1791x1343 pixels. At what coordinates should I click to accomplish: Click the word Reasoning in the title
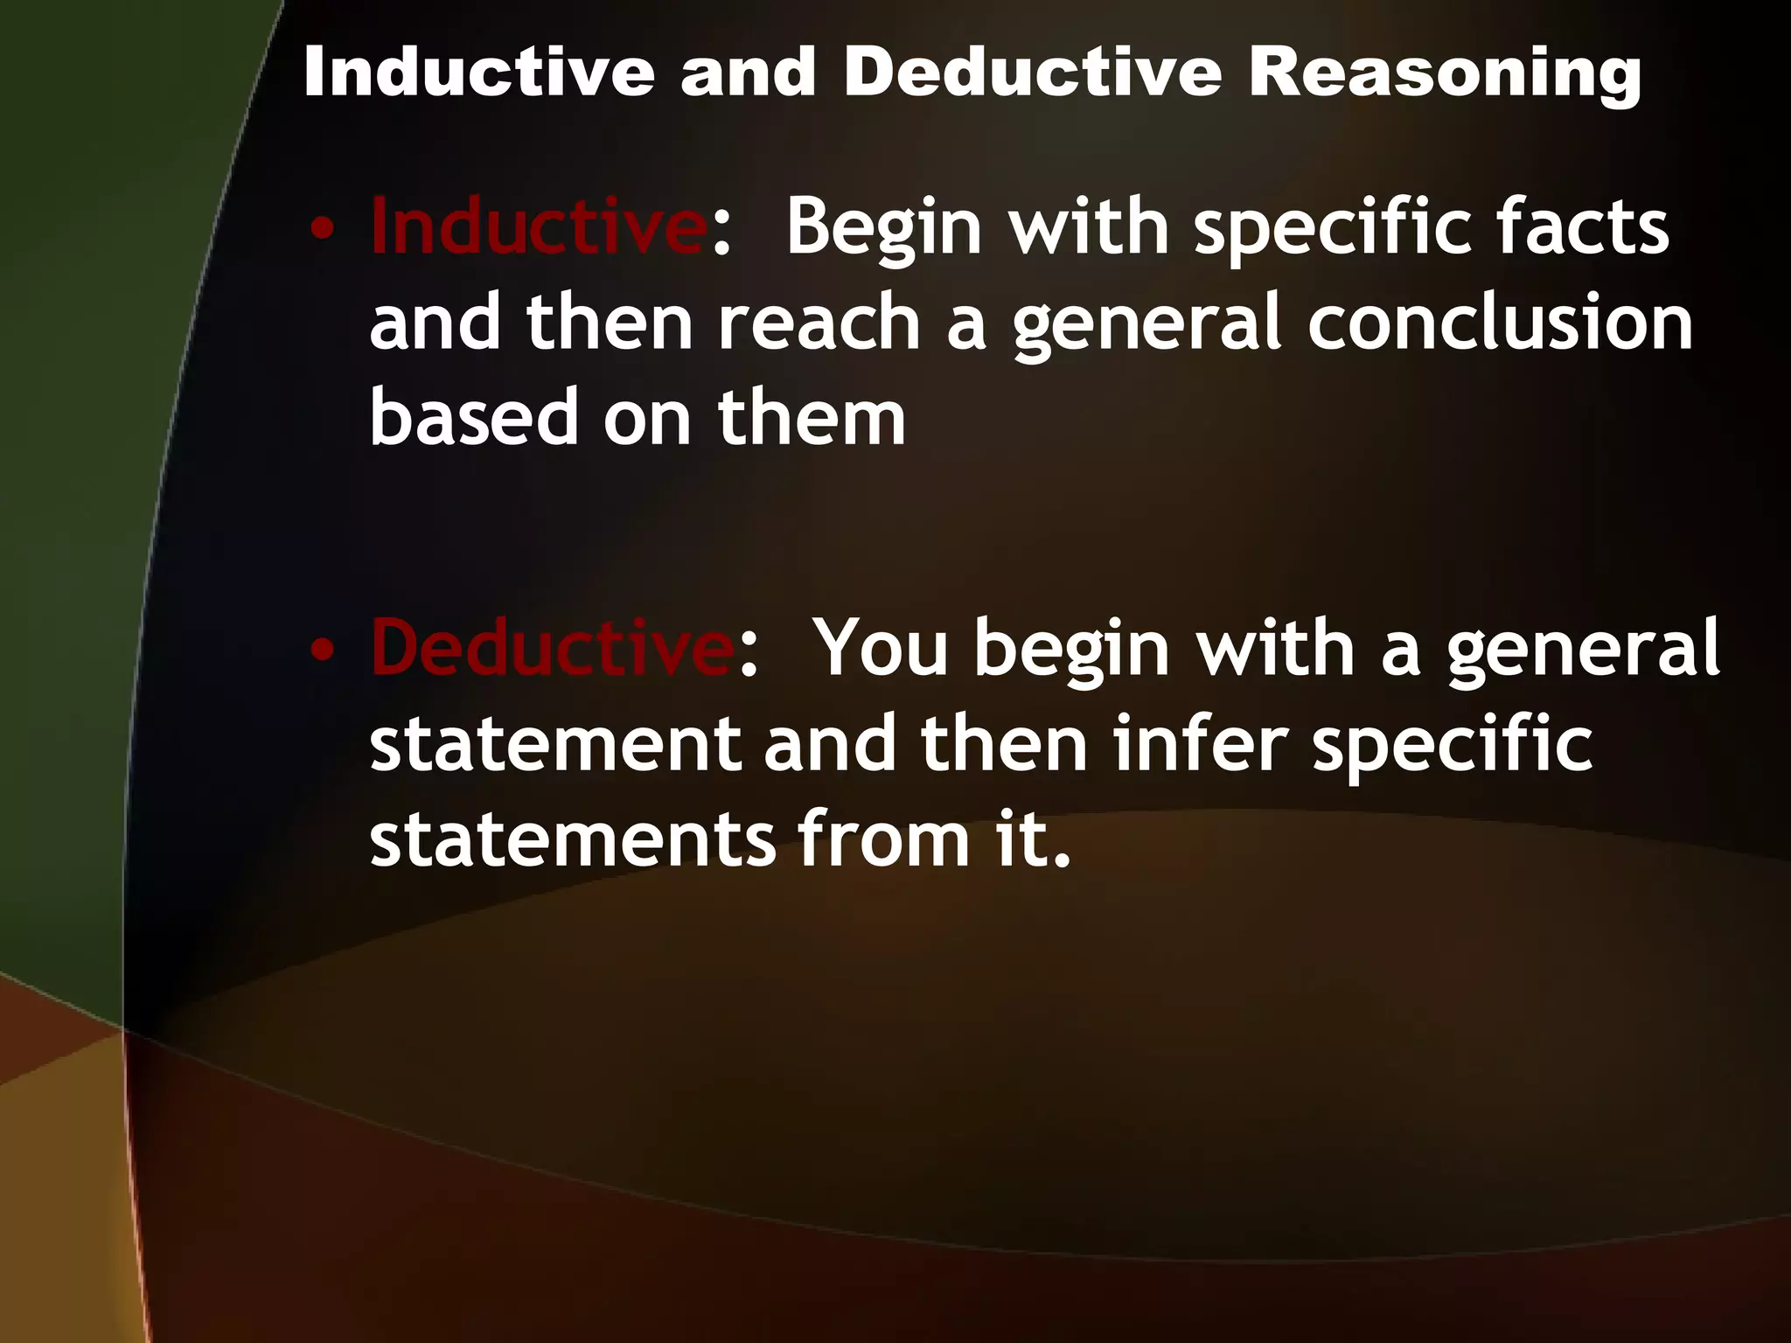1444,73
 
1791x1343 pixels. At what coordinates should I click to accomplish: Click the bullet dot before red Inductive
323,230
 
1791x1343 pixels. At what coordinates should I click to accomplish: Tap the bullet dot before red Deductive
323,651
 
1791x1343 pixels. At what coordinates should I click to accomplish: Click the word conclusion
1500,323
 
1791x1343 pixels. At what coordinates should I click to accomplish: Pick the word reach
819,323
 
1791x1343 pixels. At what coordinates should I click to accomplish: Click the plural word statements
573,839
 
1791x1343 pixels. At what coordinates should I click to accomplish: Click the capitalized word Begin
884,229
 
